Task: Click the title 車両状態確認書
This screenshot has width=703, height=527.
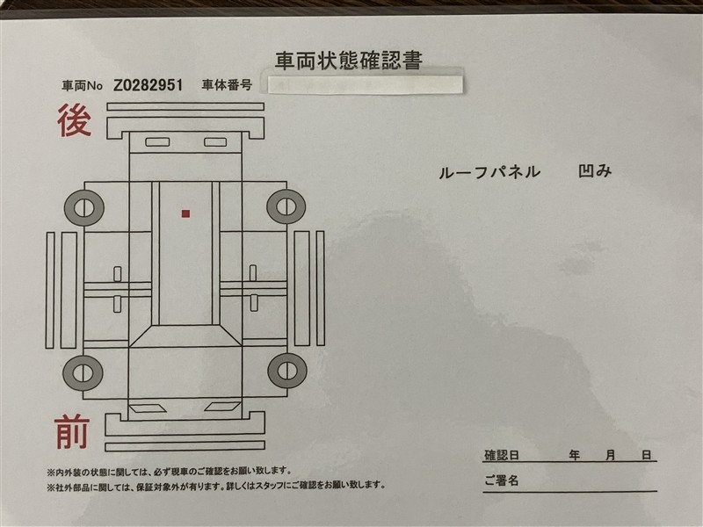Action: [348, 61]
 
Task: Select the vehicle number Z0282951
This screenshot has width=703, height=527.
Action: [148, 85]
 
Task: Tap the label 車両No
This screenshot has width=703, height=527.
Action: [82, 85]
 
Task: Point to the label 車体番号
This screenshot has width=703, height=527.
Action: [227, 84]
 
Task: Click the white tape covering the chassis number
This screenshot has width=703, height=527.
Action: [366, 84]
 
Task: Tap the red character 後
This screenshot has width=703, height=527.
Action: [75, 120]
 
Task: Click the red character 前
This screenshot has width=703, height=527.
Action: [72, 432]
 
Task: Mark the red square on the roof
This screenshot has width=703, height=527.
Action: [185, 213]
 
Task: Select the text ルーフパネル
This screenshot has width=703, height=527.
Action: [489, 172]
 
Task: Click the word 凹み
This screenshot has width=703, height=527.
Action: [595, 170]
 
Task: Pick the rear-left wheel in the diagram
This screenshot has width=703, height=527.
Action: [84, 208]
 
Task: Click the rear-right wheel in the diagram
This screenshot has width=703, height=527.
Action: [286, 206]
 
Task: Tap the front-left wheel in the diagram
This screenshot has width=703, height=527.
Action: [83, 372]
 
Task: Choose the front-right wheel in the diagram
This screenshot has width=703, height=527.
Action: [287, 371]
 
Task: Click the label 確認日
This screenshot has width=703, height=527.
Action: [501, 455]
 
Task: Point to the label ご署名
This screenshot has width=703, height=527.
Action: [501, 480]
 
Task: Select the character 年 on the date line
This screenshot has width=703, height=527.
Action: [575, 455]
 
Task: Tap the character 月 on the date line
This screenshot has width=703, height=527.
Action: [610, 455]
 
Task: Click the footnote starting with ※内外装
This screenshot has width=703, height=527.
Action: [170, 472]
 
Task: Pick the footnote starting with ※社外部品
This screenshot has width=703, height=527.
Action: [216, 486]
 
